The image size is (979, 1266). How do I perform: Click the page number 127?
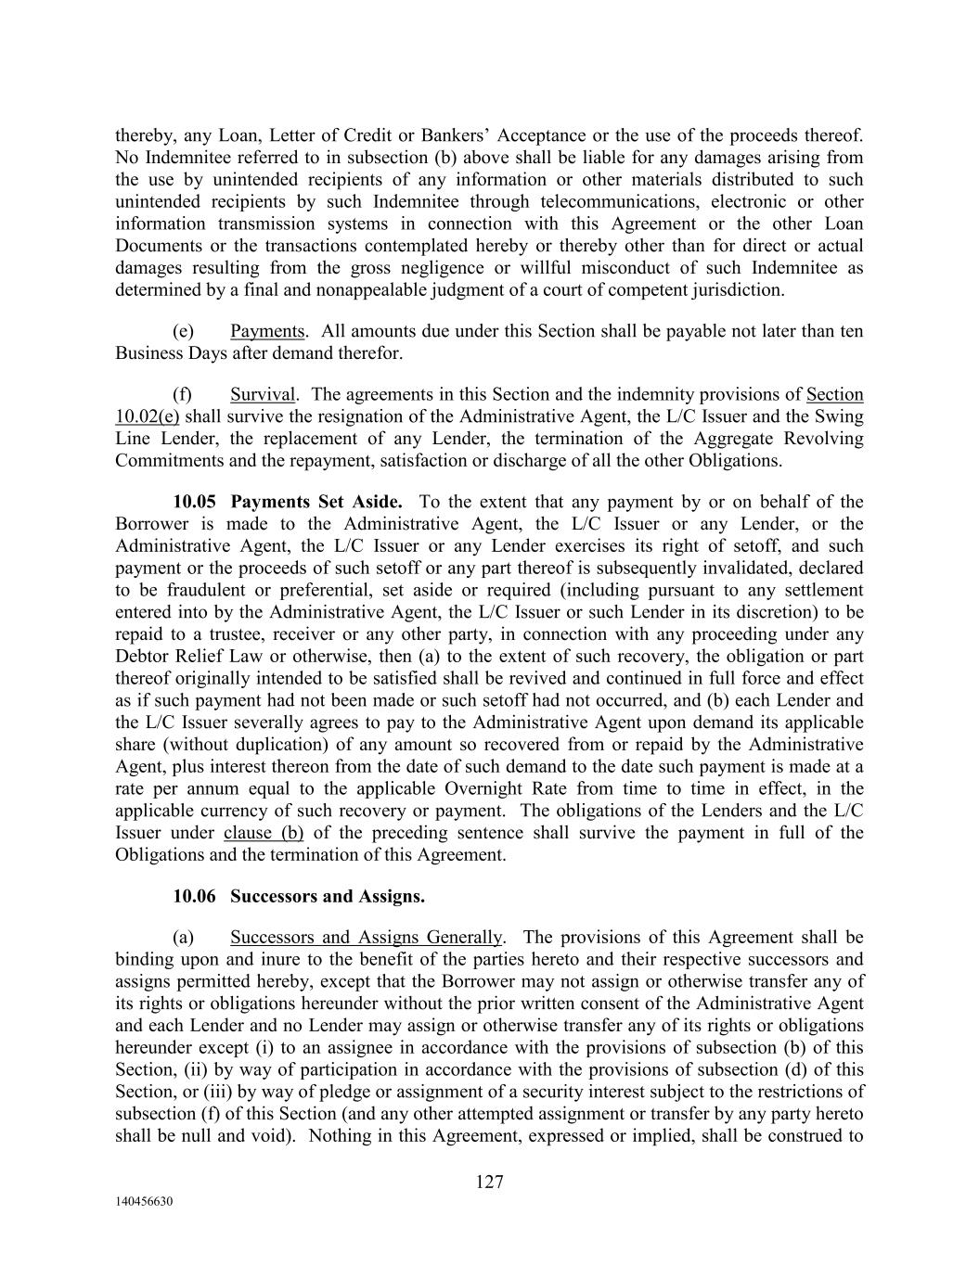pyautogui.click(x=489, y=1182)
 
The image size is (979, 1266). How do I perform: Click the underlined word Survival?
pyautogui.click(x=264, y=394)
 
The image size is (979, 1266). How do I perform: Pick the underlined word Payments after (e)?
pyautogui.click(x=267, y=331)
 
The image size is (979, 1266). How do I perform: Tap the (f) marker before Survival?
pyautogui.click(x=183, y=394)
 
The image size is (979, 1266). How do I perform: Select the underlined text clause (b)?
pyautogui.click(x=264, y=832)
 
